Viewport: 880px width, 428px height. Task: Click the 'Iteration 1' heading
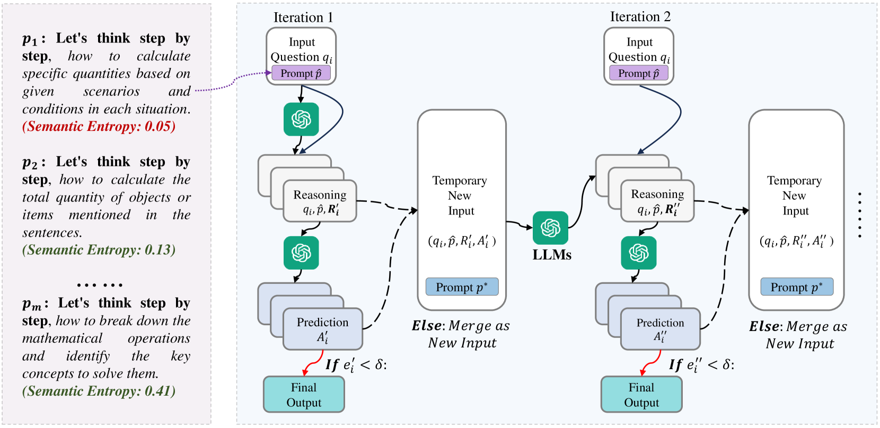pyautogui.click(x=303, y=17)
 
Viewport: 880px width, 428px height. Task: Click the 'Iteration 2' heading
pyautogui.click(x=640, y=17)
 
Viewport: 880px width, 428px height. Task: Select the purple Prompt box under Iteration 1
pyautogui.click(x=301, y=73)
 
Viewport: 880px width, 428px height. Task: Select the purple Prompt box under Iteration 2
pyautogui.click(x=639, y=73)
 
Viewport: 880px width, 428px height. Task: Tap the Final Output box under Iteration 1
pyautogui.click(x=304, y=395)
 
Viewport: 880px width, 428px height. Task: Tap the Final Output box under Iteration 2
pyautogui.click(x=641, y=395)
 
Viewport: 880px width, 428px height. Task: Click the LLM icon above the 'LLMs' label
pyautogui.click(x=550, y=228)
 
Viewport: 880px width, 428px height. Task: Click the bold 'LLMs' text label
pyautogui.click(x=552, y=255)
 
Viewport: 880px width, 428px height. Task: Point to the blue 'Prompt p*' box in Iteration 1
pyautogui.click(x=462, y=287)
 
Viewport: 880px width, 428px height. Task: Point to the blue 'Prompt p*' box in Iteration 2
pyautogui.click(x=797, y=287)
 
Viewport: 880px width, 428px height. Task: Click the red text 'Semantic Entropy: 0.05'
pyautogui.click(x=99, y=127)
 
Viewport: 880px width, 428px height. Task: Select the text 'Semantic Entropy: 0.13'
pyautogui.click(x=99, y=250)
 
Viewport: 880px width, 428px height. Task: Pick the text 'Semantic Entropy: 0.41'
pyautogui.click(x=99, y=391)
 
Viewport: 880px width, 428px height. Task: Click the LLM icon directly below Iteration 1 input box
pyautogui.click(x=301, y=119)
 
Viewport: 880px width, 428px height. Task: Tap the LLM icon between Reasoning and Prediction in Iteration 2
pyautogui.click(x=639, y=253)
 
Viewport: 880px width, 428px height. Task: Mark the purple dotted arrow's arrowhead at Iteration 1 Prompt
pyautogui.click(x=269, y=74)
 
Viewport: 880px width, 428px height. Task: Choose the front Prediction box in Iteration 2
pyautogui.click(x=660, y=329)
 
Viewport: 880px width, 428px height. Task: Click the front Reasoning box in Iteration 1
pyautogui.click(x=320, y=201)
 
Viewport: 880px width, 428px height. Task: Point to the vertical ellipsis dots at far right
pyautogui.click(x=859, y=215)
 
